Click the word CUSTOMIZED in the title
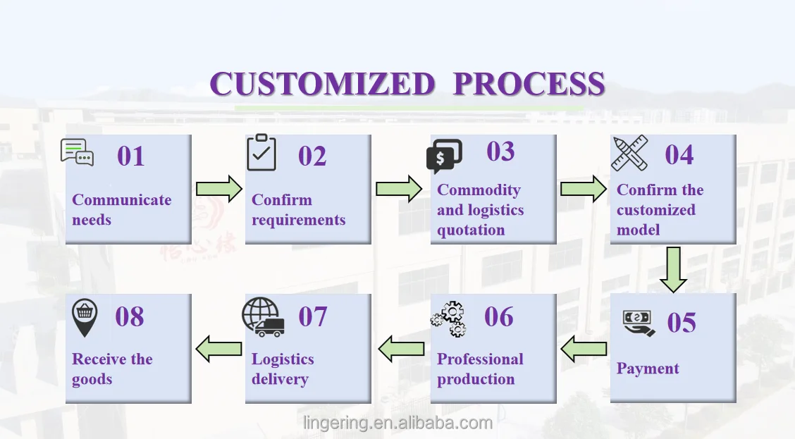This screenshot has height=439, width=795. (322, 84)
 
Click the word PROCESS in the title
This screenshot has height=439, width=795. (529, 84)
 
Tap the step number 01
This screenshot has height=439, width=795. (131, 156)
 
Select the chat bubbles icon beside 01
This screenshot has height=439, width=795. (77, 152)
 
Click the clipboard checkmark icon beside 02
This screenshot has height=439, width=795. (261, 152)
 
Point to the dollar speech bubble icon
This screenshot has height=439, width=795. (445, 156)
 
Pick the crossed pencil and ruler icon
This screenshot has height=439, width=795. (629, 153)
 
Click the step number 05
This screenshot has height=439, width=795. (682, 323)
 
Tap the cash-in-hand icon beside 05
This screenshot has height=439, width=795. (639, 323)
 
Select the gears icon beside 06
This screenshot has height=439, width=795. (448, 319)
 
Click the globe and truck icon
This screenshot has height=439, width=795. (263, 317)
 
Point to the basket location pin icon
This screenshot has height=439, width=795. (85, 318)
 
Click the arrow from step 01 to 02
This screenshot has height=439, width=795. (219, 189)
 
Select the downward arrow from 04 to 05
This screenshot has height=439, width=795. (673, 270)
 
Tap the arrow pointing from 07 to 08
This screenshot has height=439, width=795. (218, 349)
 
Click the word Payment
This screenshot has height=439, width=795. (648, 369)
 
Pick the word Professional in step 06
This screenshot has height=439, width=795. (480, 359)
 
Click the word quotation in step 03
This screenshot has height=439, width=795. (471, 230)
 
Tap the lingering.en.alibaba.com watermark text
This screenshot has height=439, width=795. (398, 423)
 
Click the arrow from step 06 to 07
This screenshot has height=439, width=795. (401, 349)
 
